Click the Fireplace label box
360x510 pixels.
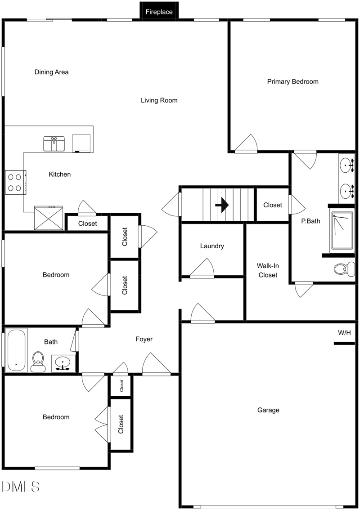click(159, 12)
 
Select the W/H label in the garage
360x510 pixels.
click(344, 333)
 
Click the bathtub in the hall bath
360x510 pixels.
click(16, 350)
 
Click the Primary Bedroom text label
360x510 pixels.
click(292, 81)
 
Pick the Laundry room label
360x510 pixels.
click(212, 246)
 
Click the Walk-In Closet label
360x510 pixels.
click(267, 270)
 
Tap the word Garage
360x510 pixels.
click(268, 410)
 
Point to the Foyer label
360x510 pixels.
click(144, 339)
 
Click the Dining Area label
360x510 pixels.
click(51, 72)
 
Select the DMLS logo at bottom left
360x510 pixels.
click(21, 487)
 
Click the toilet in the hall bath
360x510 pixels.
click(38, 361)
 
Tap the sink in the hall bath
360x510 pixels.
click(63, 362)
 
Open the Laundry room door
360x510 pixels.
click(203, 269)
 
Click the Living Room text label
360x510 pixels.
click(159, 100)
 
